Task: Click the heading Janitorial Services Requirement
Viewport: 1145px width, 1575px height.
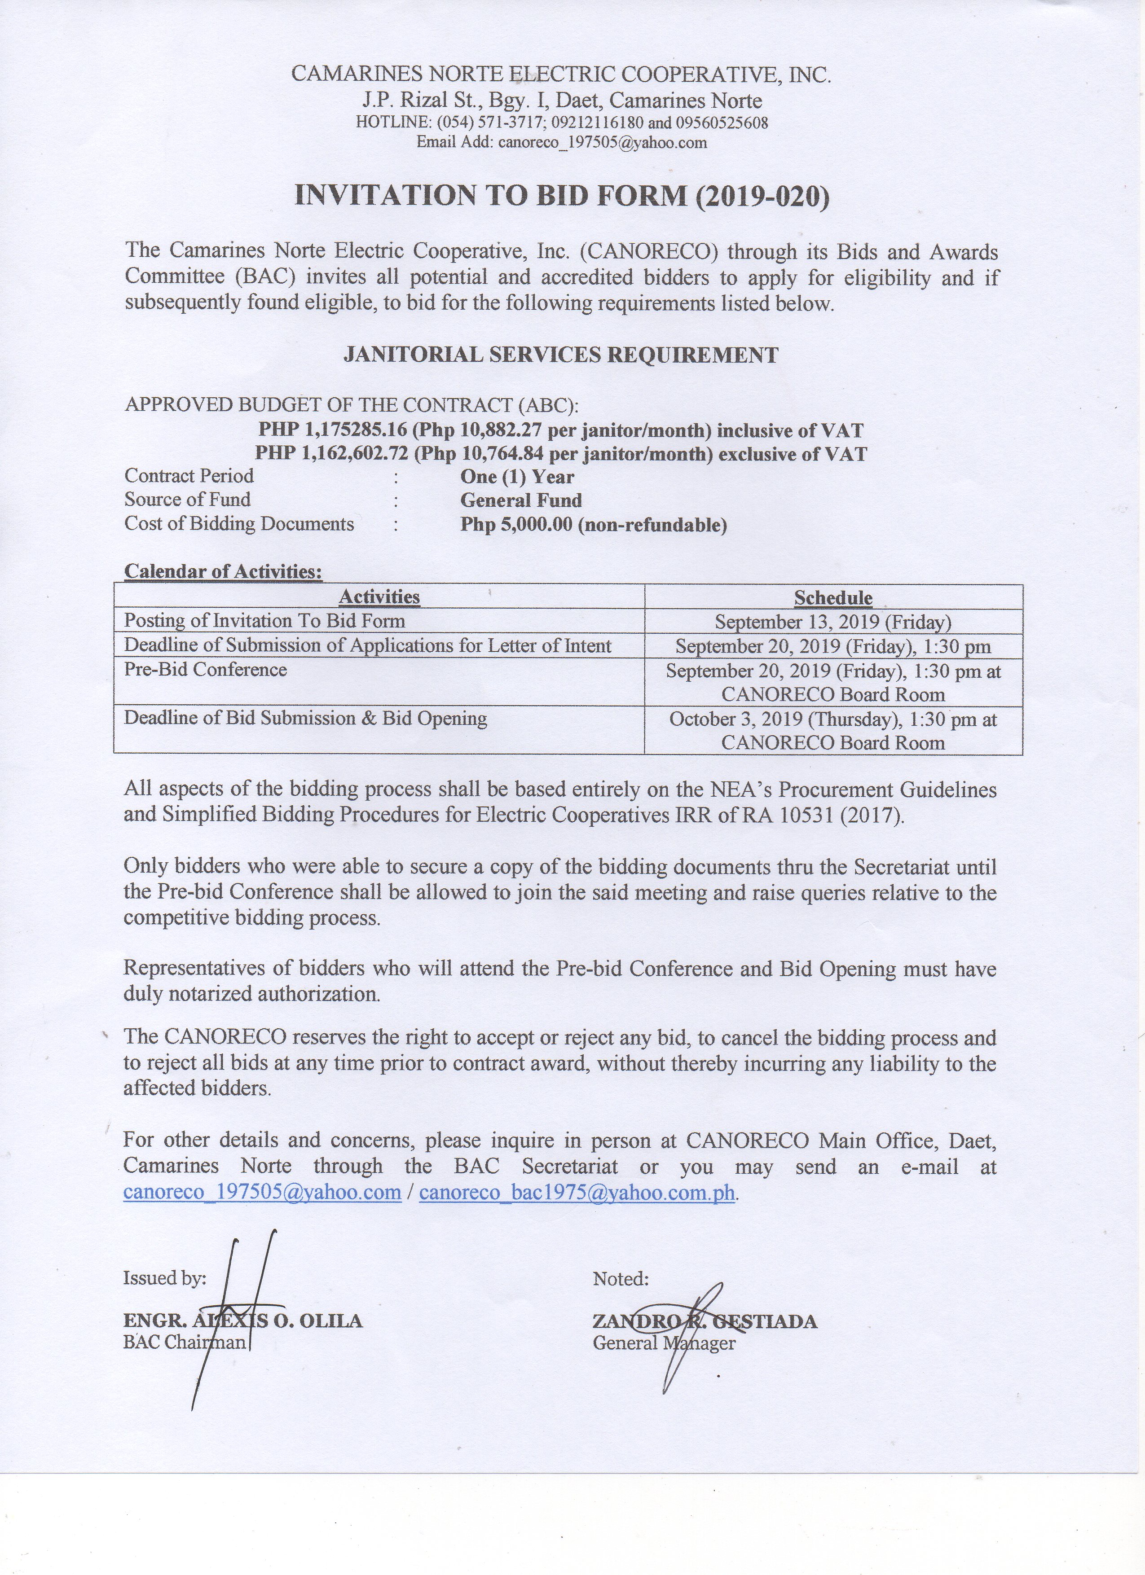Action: [x=561, y=355]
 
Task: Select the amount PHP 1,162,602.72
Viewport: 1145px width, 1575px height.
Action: [x=331, y=454]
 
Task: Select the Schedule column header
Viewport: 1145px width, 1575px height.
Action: [x=833, y=597]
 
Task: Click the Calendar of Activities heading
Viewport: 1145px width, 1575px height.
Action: [x=223, y=571]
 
